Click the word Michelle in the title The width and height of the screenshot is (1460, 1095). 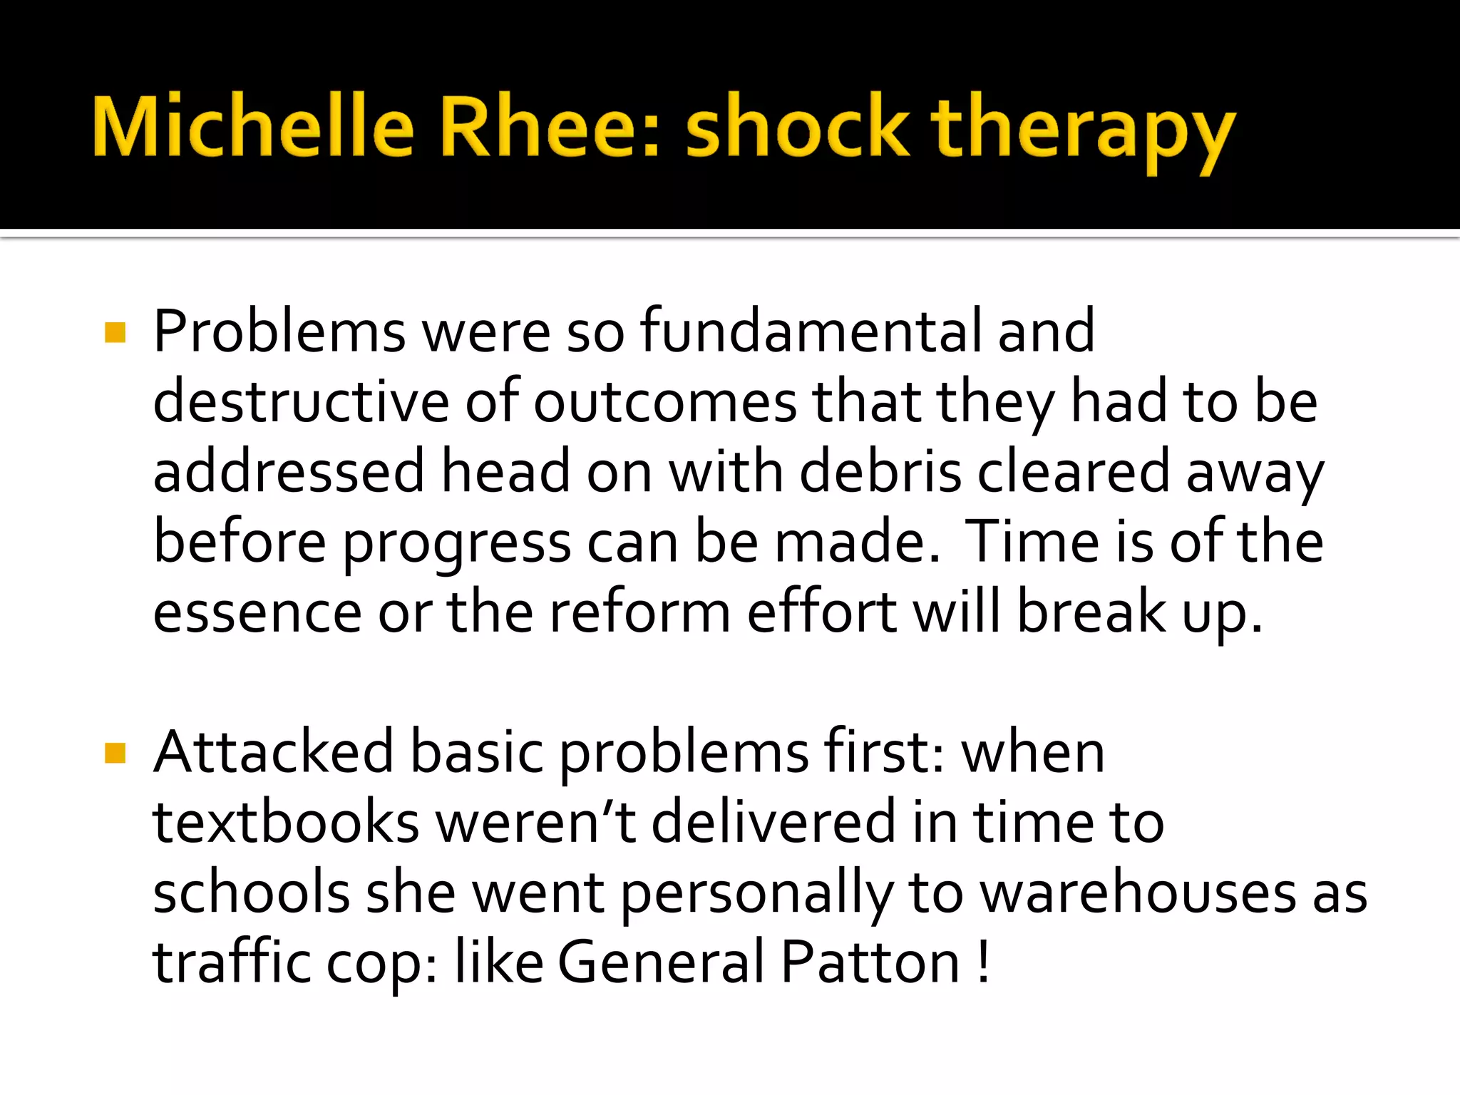pos(253,128)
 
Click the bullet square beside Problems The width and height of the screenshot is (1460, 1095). pos(115,333)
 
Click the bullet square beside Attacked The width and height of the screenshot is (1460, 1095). pos(115,753)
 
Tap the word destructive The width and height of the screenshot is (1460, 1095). pos(301,401)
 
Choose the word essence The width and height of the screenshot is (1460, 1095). pos(257,612)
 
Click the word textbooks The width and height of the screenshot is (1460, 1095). pos(286,822)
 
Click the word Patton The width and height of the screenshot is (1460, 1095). pos(870,962)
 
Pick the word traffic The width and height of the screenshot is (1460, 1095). pos(232,962)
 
